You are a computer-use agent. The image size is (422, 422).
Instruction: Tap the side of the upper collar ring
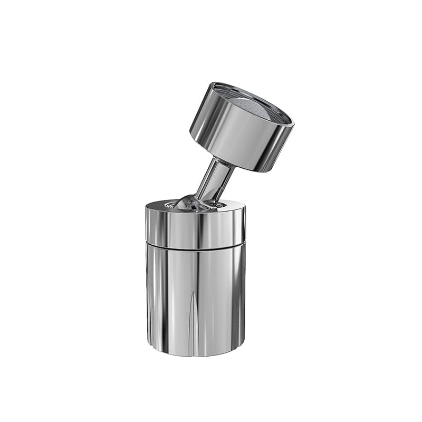click(195, 227)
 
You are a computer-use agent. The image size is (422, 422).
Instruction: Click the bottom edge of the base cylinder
click(195, 355)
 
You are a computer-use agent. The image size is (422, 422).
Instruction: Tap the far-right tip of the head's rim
click(293, 126)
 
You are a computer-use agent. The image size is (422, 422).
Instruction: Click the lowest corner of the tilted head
click(263, 172)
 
